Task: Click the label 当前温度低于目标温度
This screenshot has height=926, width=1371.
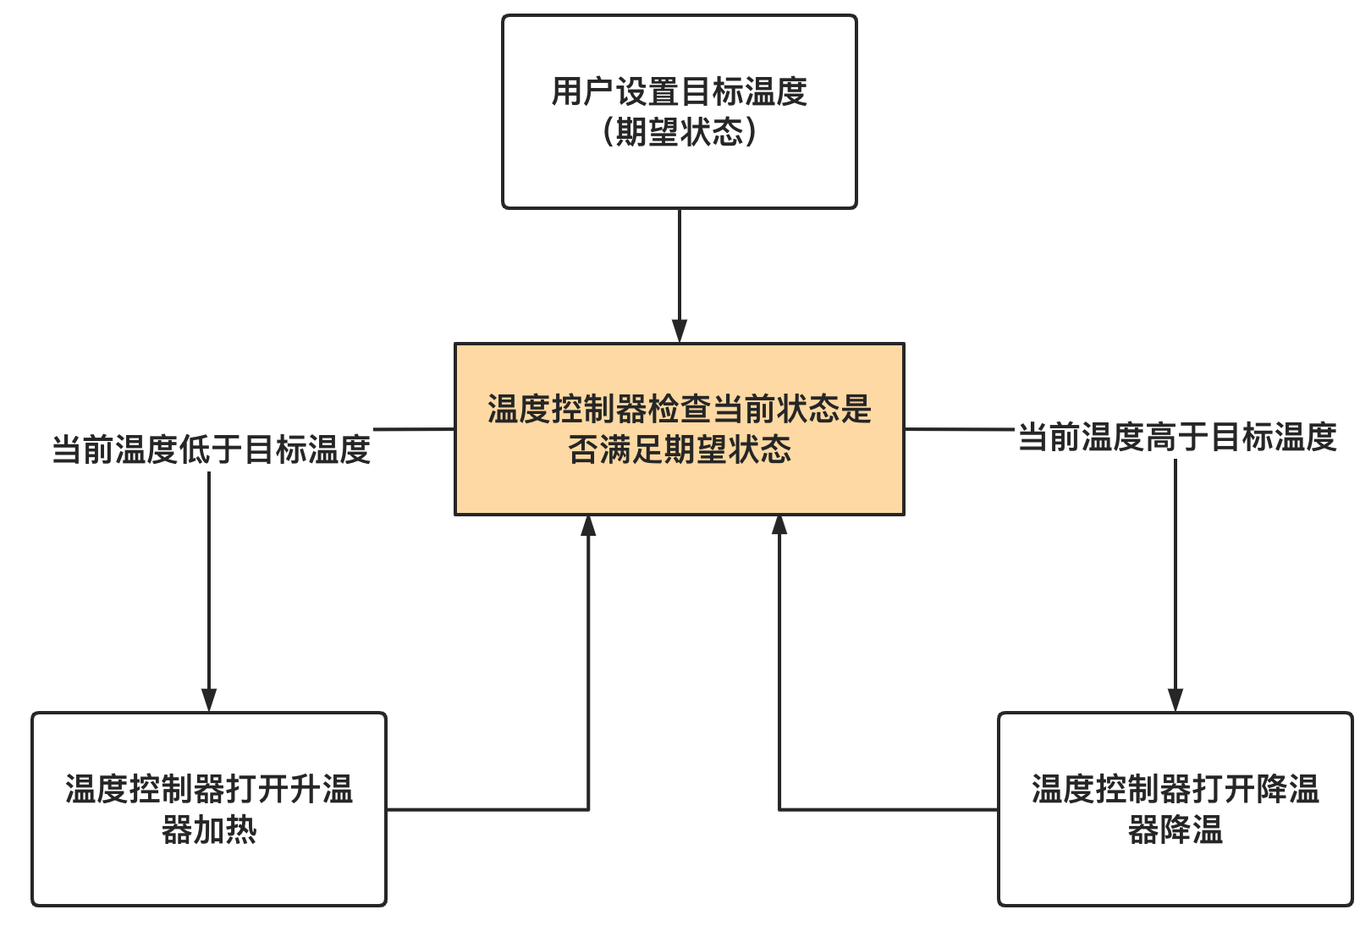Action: coord(211,449)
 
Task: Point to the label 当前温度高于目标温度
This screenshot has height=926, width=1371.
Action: coord(1176,438)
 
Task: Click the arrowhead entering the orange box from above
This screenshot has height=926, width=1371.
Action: coord(679,331)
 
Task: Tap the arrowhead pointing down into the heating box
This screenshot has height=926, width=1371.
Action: coord(209,700)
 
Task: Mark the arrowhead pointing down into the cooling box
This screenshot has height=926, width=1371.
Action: coord(1175,700)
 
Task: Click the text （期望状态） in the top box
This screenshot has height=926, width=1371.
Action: coord(679,132)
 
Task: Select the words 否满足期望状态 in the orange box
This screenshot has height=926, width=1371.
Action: coord(679,449)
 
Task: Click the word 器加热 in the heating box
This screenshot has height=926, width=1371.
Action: coord(209,830)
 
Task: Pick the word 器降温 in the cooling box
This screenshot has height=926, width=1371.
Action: coord(1175,830)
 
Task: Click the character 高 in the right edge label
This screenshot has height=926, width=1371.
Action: coord(1160,438)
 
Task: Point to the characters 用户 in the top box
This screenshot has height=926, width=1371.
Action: coord(583,91)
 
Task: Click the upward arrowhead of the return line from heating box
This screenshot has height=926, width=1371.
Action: coord(588,526)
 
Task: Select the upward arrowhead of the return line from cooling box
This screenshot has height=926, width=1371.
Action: coord(779,526)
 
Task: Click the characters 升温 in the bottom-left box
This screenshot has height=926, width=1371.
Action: coord(321,789)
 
